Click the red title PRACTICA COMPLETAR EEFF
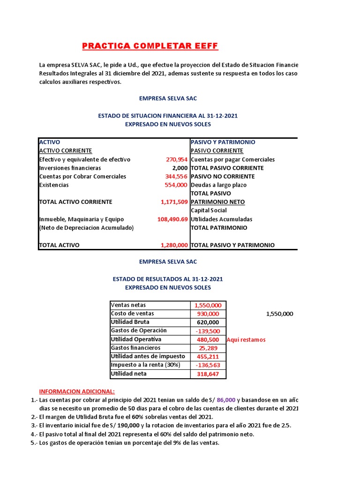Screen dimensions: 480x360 150,46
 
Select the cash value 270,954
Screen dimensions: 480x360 177,159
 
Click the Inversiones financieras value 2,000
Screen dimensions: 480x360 180,168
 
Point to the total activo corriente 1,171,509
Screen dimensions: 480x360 174,202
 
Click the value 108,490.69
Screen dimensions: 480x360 172,219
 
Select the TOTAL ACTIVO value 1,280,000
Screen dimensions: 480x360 174,245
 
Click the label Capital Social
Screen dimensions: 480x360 209,210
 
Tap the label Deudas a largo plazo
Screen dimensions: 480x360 218,185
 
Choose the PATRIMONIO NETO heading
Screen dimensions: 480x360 215,202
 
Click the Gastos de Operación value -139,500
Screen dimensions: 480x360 208,331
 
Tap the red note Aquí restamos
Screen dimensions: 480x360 246,340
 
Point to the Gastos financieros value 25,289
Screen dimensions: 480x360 209,348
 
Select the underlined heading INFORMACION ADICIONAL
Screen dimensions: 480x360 76,391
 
